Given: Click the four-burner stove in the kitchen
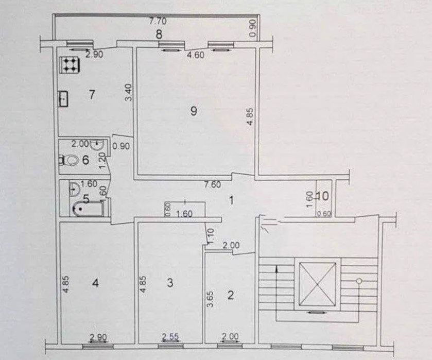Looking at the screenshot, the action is (70, 65).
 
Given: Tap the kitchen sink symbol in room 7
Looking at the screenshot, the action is (64, 99).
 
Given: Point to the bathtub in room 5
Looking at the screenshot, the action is (89, 209).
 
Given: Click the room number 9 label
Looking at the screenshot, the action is (194, 111).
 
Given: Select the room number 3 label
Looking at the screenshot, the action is (170, 282).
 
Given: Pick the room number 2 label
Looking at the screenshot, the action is (230, 295).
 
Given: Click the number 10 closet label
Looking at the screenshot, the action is (323, 196).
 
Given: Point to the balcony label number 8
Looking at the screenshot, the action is (159, 35).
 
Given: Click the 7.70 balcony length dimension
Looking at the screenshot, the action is (158, 21).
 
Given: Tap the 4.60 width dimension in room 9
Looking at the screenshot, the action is (196, 55).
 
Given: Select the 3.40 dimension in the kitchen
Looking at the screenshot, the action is (129, 93).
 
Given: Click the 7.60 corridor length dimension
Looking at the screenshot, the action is (213, 184).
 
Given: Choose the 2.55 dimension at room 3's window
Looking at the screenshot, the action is (170, 337).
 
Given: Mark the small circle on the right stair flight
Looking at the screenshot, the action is (359, 281).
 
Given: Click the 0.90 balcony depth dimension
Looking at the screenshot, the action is (253, 29).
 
